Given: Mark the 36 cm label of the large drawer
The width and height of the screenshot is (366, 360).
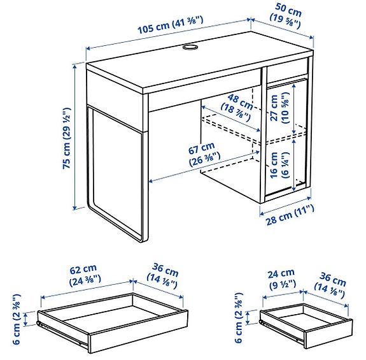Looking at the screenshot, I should [x=164, y=275].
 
